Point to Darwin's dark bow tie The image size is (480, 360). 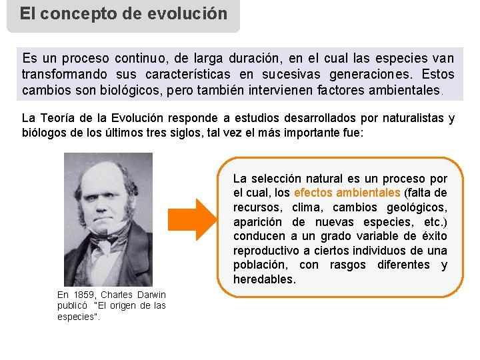point(105,239)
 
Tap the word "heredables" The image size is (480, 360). point(264,279)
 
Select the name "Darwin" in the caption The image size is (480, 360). point(151,295)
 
